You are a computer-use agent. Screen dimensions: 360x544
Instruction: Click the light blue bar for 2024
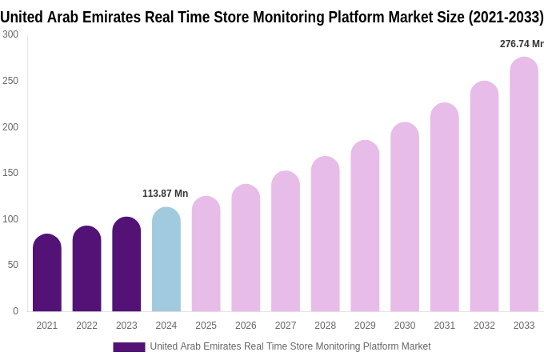166,260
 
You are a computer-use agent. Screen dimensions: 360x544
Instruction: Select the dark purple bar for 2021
47,273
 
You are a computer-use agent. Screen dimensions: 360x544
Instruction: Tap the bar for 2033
524,185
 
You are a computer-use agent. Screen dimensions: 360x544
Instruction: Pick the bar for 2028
326,234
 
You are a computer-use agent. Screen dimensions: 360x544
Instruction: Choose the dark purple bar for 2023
126,265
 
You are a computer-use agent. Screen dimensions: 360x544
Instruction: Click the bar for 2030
405,218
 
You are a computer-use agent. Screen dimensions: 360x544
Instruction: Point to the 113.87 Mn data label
165,194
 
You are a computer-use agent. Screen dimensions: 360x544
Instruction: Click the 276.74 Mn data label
521,44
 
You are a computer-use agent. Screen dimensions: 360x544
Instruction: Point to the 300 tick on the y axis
10,34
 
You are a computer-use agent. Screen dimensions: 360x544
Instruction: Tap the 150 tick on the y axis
10,173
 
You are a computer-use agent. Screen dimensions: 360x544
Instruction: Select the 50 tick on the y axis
13,265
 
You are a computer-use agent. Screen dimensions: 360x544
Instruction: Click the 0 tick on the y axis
15,311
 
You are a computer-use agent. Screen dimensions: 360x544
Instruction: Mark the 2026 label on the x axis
246,326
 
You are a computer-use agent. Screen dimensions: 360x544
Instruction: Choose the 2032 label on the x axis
484,326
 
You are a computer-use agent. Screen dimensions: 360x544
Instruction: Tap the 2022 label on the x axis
86,326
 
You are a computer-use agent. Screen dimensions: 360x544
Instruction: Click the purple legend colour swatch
129,347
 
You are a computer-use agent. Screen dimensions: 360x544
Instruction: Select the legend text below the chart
290,346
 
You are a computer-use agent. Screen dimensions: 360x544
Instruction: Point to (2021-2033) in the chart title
506,17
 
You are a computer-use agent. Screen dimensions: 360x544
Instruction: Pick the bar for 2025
206,254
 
